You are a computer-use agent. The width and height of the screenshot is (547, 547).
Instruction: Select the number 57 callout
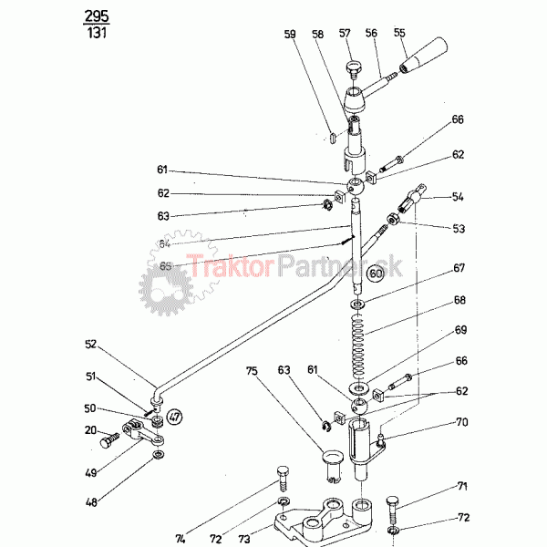(x=346, y=33)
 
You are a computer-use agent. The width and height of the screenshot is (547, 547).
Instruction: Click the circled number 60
(x=376, y=273)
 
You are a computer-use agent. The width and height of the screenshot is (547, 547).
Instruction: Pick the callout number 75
(x=252, y=372)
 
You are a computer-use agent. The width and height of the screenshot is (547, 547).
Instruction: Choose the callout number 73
(x=243, y=538)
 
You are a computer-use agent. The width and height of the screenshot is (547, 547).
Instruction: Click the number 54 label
(x=458, y=197)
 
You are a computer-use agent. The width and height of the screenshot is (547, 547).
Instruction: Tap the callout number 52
(x=91, y=345)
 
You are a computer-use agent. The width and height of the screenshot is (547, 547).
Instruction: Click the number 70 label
(x=461, y=423)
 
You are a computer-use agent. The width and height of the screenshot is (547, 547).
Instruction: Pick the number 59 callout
(x=291, y=35)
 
